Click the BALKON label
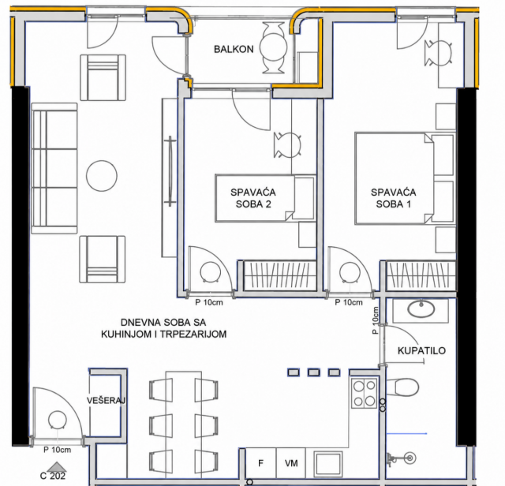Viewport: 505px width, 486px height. [x=234, y=49]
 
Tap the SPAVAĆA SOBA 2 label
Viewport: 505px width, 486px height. [x=253, y=198]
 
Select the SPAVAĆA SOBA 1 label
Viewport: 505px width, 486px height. [x=393, y=198]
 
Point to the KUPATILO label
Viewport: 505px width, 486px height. [x=421, y=351]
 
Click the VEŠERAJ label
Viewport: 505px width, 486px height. [x=106, y=401]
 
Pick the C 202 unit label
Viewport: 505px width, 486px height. [x=53, y=476]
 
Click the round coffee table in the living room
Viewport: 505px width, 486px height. [x=102, y=176]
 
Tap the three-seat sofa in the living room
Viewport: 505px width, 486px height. [x=54, y=168]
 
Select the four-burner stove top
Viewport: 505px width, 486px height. [x=365, y=394]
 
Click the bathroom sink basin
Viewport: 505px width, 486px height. [x=421, y=309]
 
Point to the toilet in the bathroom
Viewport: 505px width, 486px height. [x=402, y=387]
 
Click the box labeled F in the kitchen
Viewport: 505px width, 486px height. [x=260, y=463]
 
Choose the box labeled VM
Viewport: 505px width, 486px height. [x=291, y=463]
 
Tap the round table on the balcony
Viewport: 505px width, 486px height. [x=273, y=47]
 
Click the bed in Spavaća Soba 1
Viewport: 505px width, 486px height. [x=405, y=178]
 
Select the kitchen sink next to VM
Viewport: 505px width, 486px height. [x=328, y=464]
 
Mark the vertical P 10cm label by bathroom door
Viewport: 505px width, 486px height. [x=376, y=320]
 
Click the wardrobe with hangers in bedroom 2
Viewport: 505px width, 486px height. [x=279, y=275]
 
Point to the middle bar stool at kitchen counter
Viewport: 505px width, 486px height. [x=314, y=372]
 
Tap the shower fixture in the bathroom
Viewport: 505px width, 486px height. [x=402, y=458]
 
